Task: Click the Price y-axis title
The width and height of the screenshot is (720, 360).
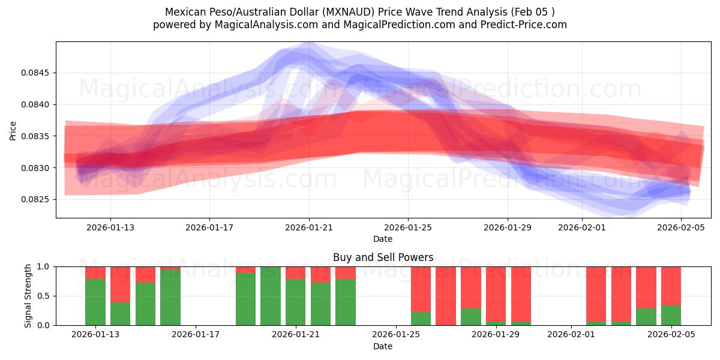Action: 13,130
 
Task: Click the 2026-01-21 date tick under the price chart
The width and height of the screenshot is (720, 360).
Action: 309,227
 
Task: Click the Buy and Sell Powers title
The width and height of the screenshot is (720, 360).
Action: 383,257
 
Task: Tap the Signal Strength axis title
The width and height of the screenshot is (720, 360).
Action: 28,295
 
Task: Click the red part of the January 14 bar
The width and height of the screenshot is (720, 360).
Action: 120,284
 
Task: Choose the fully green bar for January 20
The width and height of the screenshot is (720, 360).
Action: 271,296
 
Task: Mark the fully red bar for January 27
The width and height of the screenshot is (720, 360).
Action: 446,296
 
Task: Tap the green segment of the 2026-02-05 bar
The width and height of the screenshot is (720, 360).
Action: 671,315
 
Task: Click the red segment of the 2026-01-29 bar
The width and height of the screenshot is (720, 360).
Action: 496,293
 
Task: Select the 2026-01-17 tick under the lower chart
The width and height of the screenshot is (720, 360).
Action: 196,335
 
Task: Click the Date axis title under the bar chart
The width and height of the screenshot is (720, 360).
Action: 383,346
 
